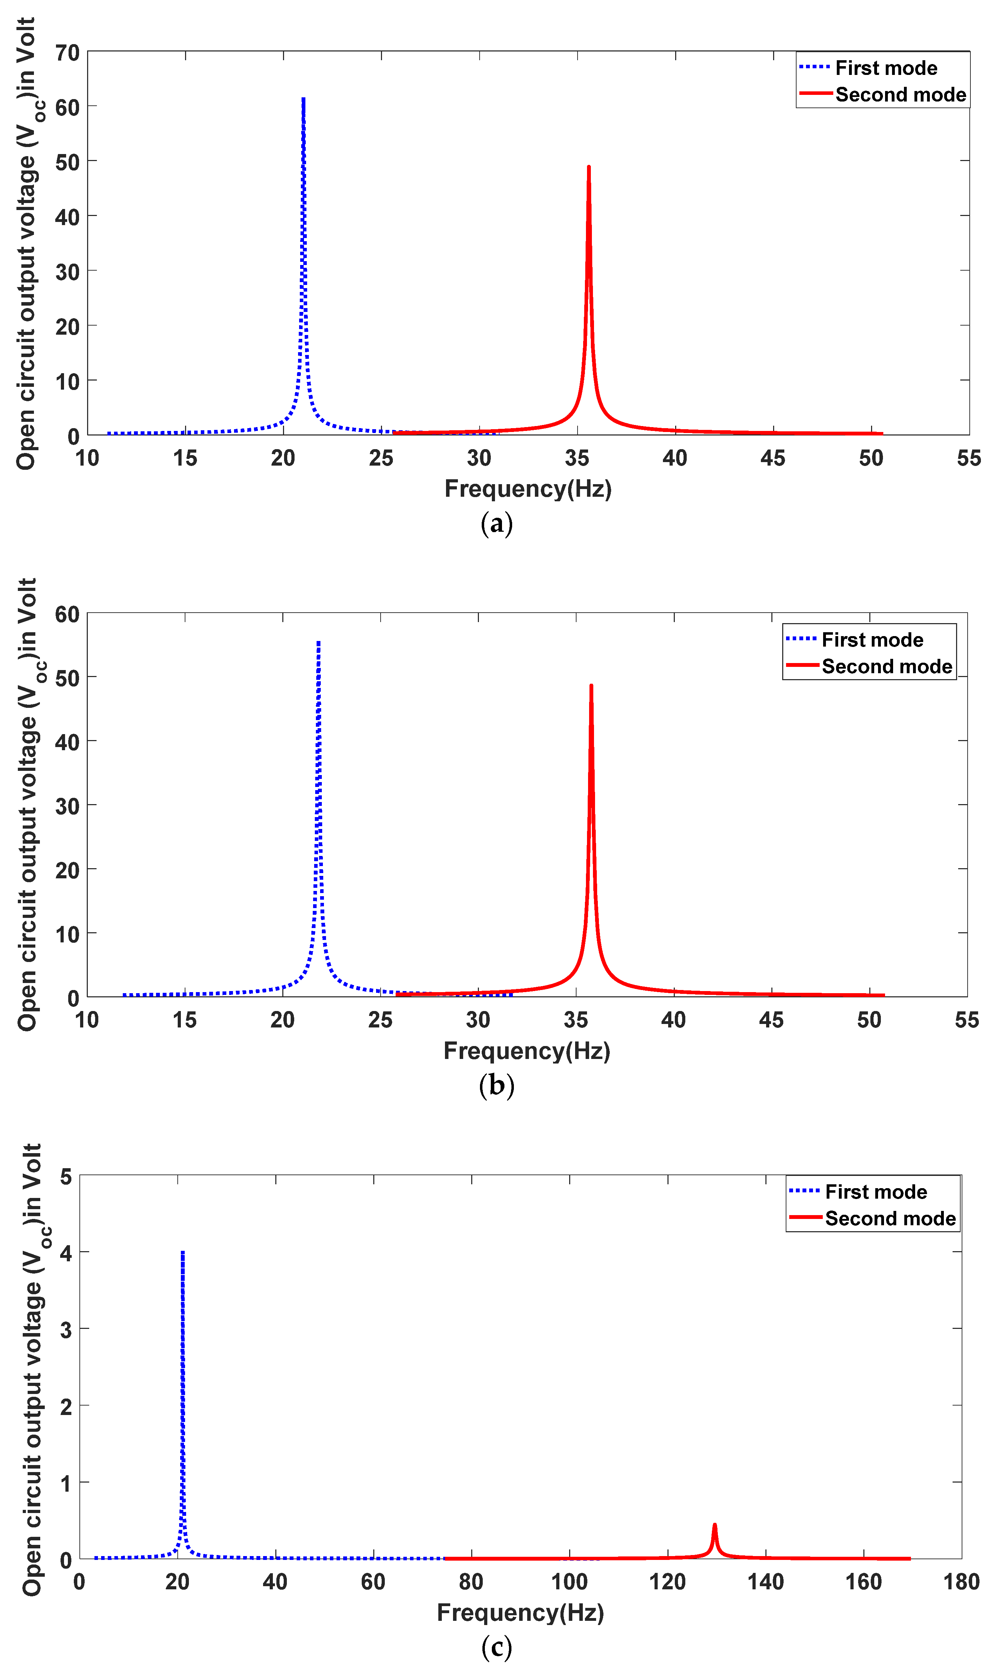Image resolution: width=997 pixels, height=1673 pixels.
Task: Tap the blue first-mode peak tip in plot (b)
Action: pyautogui.click(x=318, y=643)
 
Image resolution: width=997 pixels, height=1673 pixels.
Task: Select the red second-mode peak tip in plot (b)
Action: pyautogui.click(x=591, y=686)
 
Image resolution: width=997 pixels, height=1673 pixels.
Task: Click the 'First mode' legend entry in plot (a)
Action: pyautogui.click(x=885, y=68)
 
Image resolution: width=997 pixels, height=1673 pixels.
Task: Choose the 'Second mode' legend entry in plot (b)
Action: pyautogui.click(x=886, y=666)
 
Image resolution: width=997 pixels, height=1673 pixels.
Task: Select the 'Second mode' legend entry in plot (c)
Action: pyautogui.click(x=890, y=1219)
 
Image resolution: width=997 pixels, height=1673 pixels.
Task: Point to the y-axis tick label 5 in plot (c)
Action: pyautogui.click(x=66, y=1177)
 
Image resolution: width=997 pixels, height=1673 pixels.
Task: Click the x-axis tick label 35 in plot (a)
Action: pyautogui.click(x=577, y=458)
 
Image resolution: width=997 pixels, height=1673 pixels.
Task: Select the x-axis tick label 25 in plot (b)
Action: pyautogui.click(x=380, y=1020)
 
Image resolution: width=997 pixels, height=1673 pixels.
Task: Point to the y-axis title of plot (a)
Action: pyautogui.click(x=27, y=243)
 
